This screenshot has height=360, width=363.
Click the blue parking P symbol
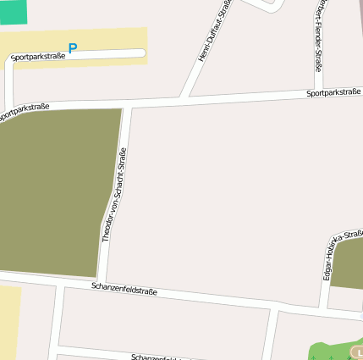[72, 48]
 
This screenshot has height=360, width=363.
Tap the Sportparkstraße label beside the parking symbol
[38, 57]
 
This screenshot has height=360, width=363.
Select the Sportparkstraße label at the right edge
[333, 91]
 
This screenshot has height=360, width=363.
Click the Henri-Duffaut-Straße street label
[213, 31]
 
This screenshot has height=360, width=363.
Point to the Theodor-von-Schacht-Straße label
[114, 196]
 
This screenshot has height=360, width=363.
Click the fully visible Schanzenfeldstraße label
[124, 289]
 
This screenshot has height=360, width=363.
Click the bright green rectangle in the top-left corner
[13, 11]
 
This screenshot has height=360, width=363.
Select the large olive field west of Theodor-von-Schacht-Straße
[51, 191]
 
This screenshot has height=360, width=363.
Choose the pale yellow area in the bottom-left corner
[8, 322]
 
